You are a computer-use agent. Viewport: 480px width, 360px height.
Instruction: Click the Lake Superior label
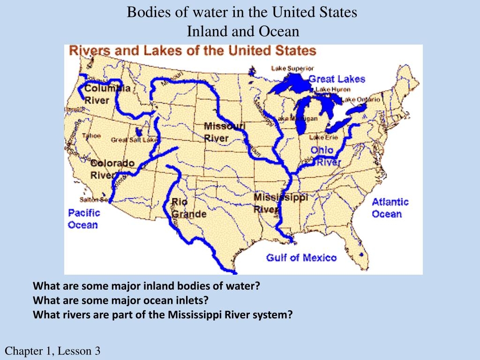(x=292, y=68)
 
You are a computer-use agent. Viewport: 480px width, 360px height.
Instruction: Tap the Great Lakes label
(x=337, y=79)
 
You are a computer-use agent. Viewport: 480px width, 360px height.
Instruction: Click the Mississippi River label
(x=281, y=203)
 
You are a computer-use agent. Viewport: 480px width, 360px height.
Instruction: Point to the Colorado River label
(x=112, y=169)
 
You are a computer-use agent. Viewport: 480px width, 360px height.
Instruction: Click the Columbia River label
(x=103, y=94)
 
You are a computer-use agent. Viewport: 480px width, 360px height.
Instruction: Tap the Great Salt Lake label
(x=134, y=140)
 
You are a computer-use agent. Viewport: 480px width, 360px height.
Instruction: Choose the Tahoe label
(x=91, y=136)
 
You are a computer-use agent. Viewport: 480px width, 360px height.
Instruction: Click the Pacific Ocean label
(x=83, y=218)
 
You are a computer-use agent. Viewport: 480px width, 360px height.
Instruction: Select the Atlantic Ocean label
(x=390, y=208)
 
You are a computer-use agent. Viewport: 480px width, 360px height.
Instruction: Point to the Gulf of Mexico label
(x=301, y=257)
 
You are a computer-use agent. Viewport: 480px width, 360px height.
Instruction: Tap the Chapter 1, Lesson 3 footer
(x=52, y=351)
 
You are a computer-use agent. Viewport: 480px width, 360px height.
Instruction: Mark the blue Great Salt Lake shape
(x=139, y=132)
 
